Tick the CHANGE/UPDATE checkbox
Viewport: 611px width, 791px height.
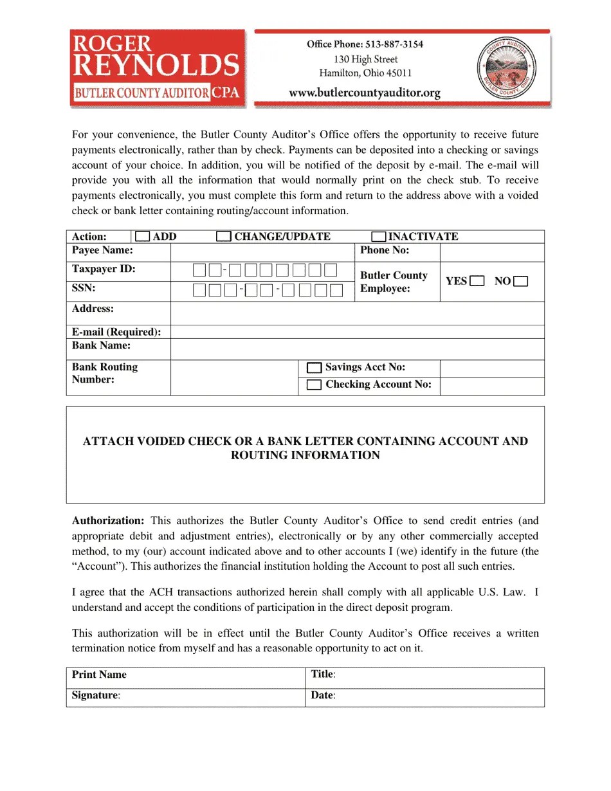point(223,237)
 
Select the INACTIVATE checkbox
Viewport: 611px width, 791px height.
point(379,237)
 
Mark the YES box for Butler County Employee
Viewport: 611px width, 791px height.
point(477,281)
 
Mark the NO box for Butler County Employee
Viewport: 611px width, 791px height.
point(521,281)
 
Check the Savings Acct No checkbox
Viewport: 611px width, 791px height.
point(314,368)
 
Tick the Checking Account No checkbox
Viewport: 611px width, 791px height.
point(314,385)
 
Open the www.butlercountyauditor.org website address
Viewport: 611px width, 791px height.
point(365,93)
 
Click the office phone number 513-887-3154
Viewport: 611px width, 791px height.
point(394,44)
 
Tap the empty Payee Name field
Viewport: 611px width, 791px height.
point(262,251)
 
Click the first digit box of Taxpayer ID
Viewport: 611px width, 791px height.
point(199,270)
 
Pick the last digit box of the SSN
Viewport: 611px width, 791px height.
point(336,291)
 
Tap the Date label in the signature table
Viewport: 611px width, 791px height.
point(323,696)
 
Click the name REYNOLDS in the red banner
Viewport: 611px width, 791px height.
point(157,66)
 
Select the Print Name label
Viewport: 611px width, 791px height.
point(99,675)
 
